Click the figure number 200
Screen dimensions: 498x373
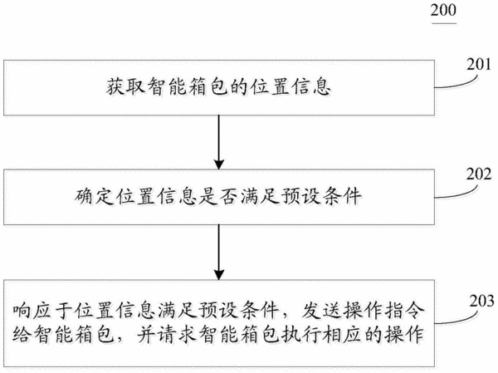pyautogui.click(x=443, y=10)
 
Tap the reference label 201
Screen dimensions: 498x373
pyautogui.click(x=479, y=65)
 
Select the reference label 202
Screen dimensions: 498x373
pyautogui.click(x=479, y=174)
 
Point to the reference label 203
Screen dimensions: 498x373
pyautogui.click(x=481, y=301)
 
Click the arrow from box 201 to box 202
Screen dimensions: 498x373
pyautogui.click(x=219, y=142)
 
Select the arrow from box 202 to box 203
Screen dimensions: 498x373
pyautogui.click(x=219, y=253)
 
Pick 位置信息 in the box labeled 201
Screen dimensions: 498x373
pyautogui.click(x=290, y=86)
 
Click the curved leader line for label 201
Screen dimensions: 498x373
pyautogui.click(x=456, y=83)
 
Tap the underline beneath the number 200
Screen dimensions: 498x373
pyautogui.click(x=444, y=23)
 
